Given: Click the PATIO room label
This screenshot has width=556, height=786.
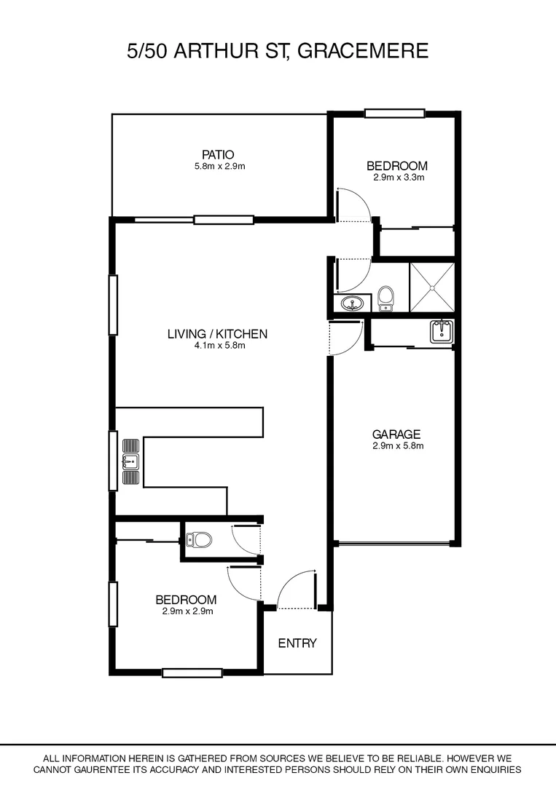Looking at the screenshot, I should (x=218, y=154).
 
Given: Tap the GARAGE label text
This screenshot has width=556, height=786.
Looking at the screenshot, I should (x=397, y=434).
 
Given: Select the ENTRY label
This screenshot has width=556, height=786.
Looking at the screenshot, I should (x=297, y=643).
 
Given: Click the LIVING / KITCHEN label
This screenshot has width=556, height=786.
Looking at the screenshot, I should (x=217, y=334).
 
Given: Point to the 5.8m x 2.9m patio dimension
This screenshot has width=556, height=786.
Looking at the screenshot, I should (x=218, y=166).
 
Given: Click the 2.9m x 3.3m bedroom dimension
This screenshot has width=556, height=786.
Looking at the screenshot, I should (x=396, y=177).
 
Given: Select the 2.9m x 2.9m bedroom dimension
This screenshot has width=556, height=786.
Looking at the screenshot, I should (x=186, y=611).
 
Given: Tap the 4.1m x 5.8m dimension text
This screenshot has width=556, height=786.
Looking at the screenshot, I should (x=217, y=346).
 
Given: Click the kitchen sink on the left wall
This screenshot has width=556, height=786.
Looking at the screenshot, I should (x=130, y=461).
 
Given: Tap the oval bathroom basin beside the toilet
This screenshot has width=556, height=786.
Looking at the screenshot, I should (x=354, y=303).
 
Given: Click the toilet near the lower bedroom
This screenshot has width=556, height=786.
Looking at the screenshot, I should (x=198, y=540).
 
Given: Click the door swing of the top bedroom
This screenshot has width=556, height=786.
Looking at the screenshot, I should (x=354, y=204).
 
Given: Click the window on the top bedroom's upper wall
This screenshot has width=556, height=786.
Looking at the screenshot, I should (x=394, y=113).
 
